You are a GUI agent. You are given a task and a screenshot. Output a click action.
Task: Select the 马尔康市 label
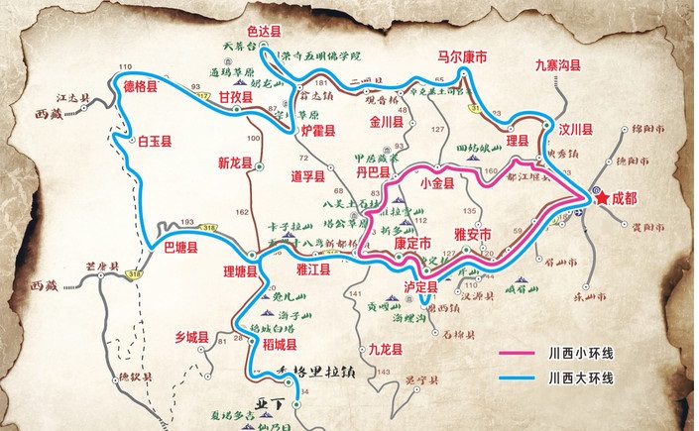(x=462, y=58)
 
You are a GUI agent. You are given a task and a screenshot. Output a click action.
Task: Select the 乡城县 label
(x=193, y=337)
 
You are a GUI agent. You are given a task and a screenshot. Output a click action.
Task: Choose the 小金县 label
(x=437, y=182)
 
